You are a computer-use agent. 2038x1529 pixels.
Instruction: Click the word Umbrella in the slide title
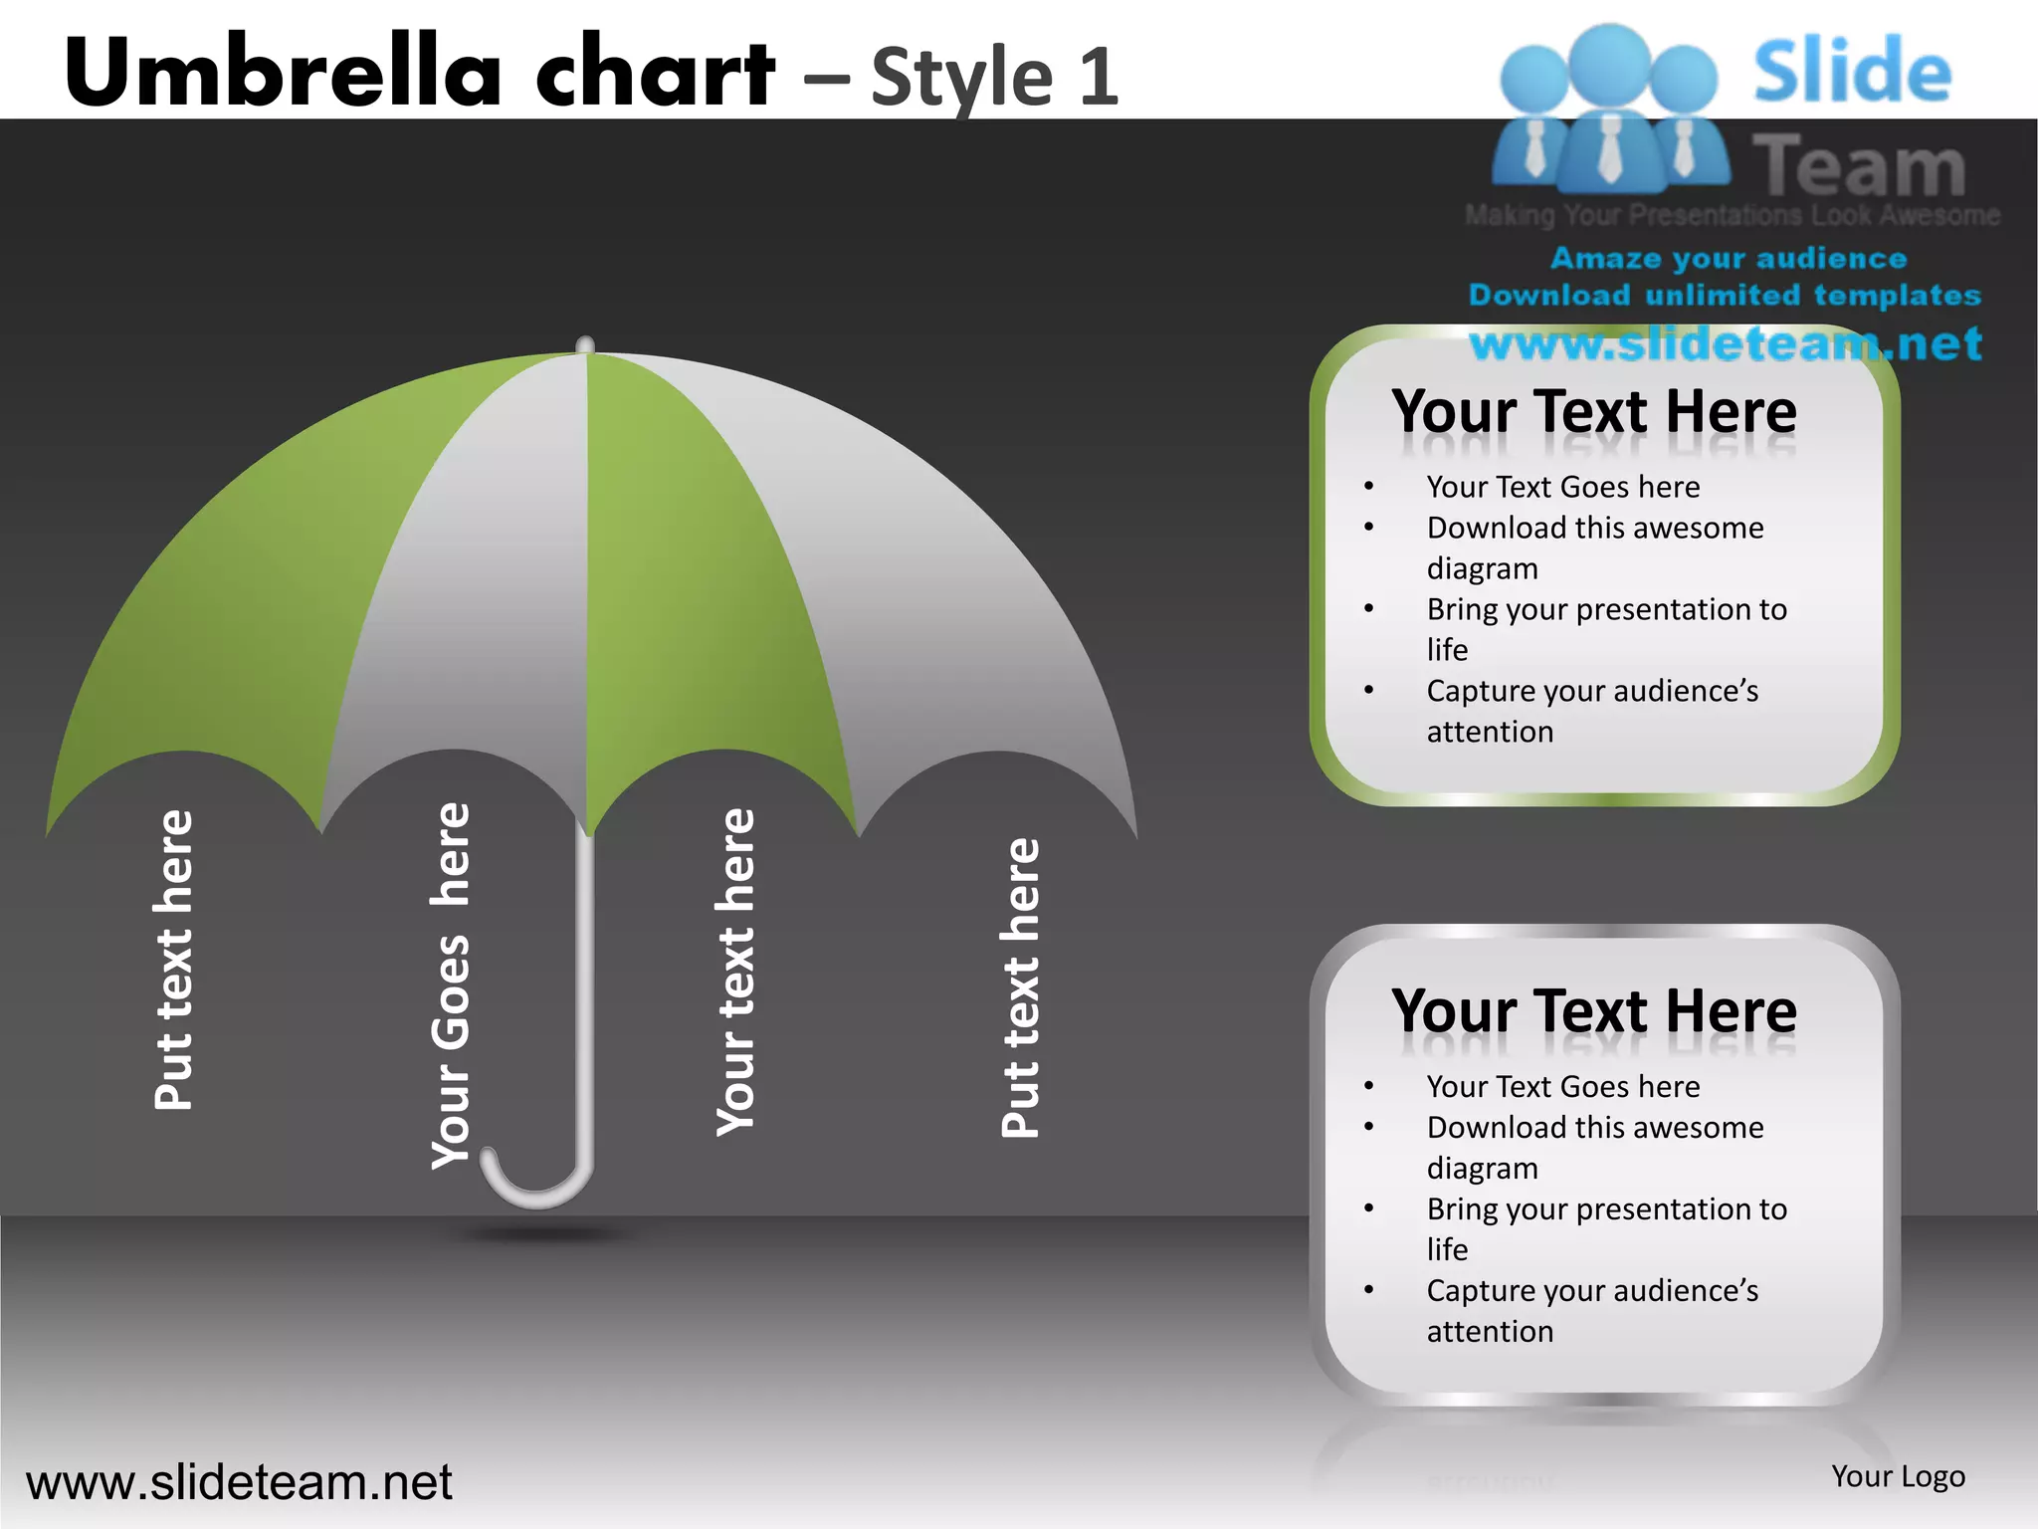pyautogui.click(x=284, y=72)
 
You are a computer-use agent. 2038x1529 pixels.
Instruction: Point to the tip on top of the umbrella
pyautogui.click(x=585, y=344)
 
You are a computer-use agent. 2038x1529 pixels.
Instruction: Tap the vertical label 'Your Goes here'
pyautogui.click(x=451, y=985)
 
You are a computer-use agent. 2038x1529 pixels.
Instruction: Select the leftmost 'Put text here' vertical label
pyautogui.click(x=174, y=961)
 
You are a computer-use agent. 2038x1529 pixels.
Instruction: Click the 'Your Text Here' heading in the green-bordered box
pyautogui.click(x=1593, y=412)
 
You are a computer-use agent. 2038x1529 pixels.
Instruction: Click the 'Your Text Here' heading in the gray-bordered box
pyautogui.click(x=1593, y=1011)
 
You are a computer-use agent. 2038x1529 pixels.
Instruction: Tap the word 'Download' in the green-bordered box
pyautogui.click(x=1484, y=528)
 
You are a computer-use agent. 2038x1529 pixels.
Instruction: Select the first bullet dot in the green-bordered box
pyautogui.click(x=1369, y=487)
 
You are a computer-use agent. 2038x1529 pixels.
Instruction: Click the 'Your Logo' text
pyautogui.click(x=1898, y=1476)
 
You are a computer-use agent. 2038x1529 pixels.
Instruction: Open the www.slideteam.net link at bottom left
pyautogui.click(x=239, y=1482)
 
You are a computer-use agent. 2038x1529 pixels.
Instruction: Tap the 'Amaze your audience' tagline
pyautogui.click(x=1729, y=259)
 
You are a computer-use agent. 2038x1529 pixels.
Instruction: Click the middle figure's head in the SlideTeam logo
pyautogui.click(x=1608, y=62)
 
